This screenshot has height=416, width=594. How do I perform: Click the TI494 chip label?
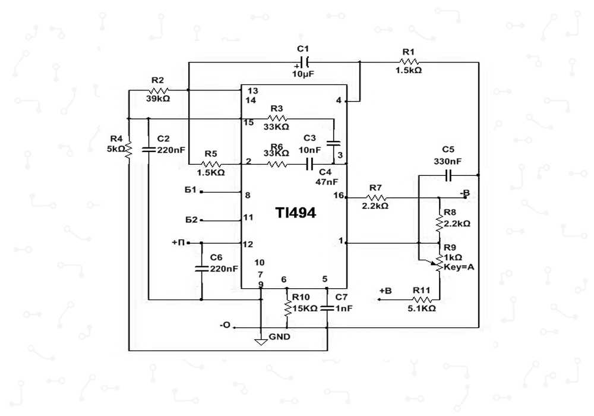click(295, 213)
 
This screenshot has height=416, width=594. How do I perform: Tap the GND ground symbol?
click(260, 341)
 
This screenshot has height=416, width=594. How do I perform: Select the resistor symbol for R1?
click(409, 62)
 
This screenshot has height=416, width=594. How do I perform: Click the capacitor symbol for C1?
click(304, 62)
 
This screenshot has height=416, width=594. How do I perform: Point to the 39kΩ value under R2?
click(157, 99)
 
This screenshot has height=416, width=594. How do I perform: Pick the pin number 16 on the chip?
click(339, 195)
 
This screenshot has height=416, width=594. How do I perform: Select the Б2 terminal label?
click(191, 220)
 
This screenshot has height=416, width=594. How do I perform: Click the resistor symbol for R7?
click(375, 197)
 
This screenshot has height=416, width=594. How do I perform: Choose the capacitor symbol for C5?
click(448, 175)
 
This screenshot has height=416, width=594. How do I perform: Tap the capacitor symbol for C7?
click(328, 308)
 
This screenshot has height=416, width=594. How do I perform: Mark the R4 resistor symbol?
click(129, 149)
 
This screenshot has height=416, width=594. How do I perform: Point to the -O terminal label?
click(225, 325)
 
